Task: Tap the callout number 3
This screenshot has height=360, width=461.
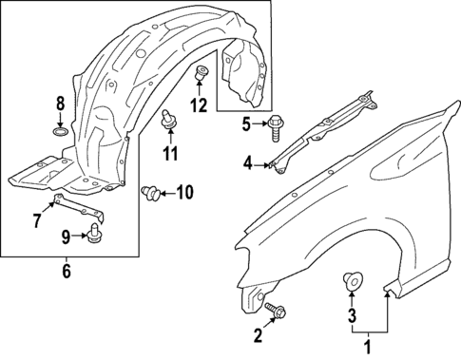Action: coord(351,315)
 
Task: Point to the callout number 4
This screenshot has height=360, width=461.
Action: coord(248,163)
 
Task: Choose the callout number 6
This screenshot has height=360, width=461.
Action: coord(66,272)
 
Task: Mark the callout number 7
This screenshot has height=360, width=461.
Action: coord(37,221)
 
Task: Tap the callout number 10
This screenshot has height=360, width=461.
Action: coord(183,194)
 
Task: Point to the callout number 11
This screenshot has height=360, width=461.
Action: coord(170,153)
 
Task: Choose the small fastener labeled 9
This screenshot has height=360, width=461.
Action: coord(94,237)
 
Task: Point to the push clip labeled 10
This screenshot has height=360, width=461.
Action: coord(149,194)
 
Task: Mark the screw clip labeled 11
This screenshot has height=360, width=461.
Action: coord(170,119)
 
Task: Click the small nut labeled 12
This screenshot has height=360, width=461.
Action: coord(201,73)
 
